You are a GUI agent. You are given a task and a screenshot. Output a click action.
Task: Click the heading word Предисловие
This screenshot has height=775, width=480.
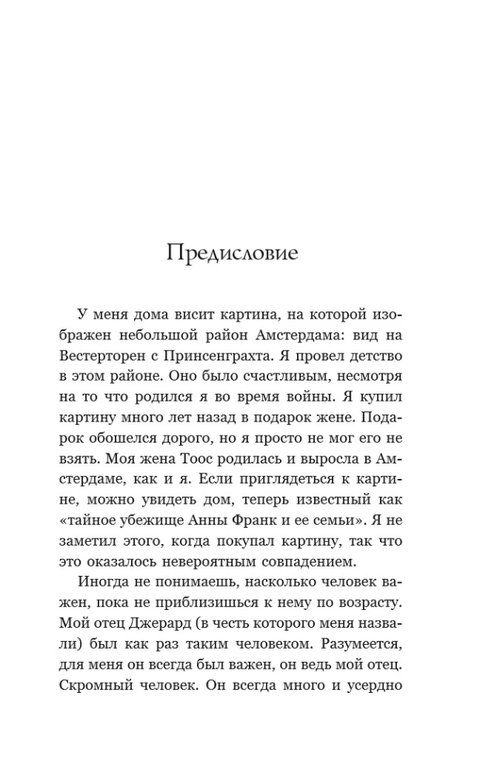[232, 254]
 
